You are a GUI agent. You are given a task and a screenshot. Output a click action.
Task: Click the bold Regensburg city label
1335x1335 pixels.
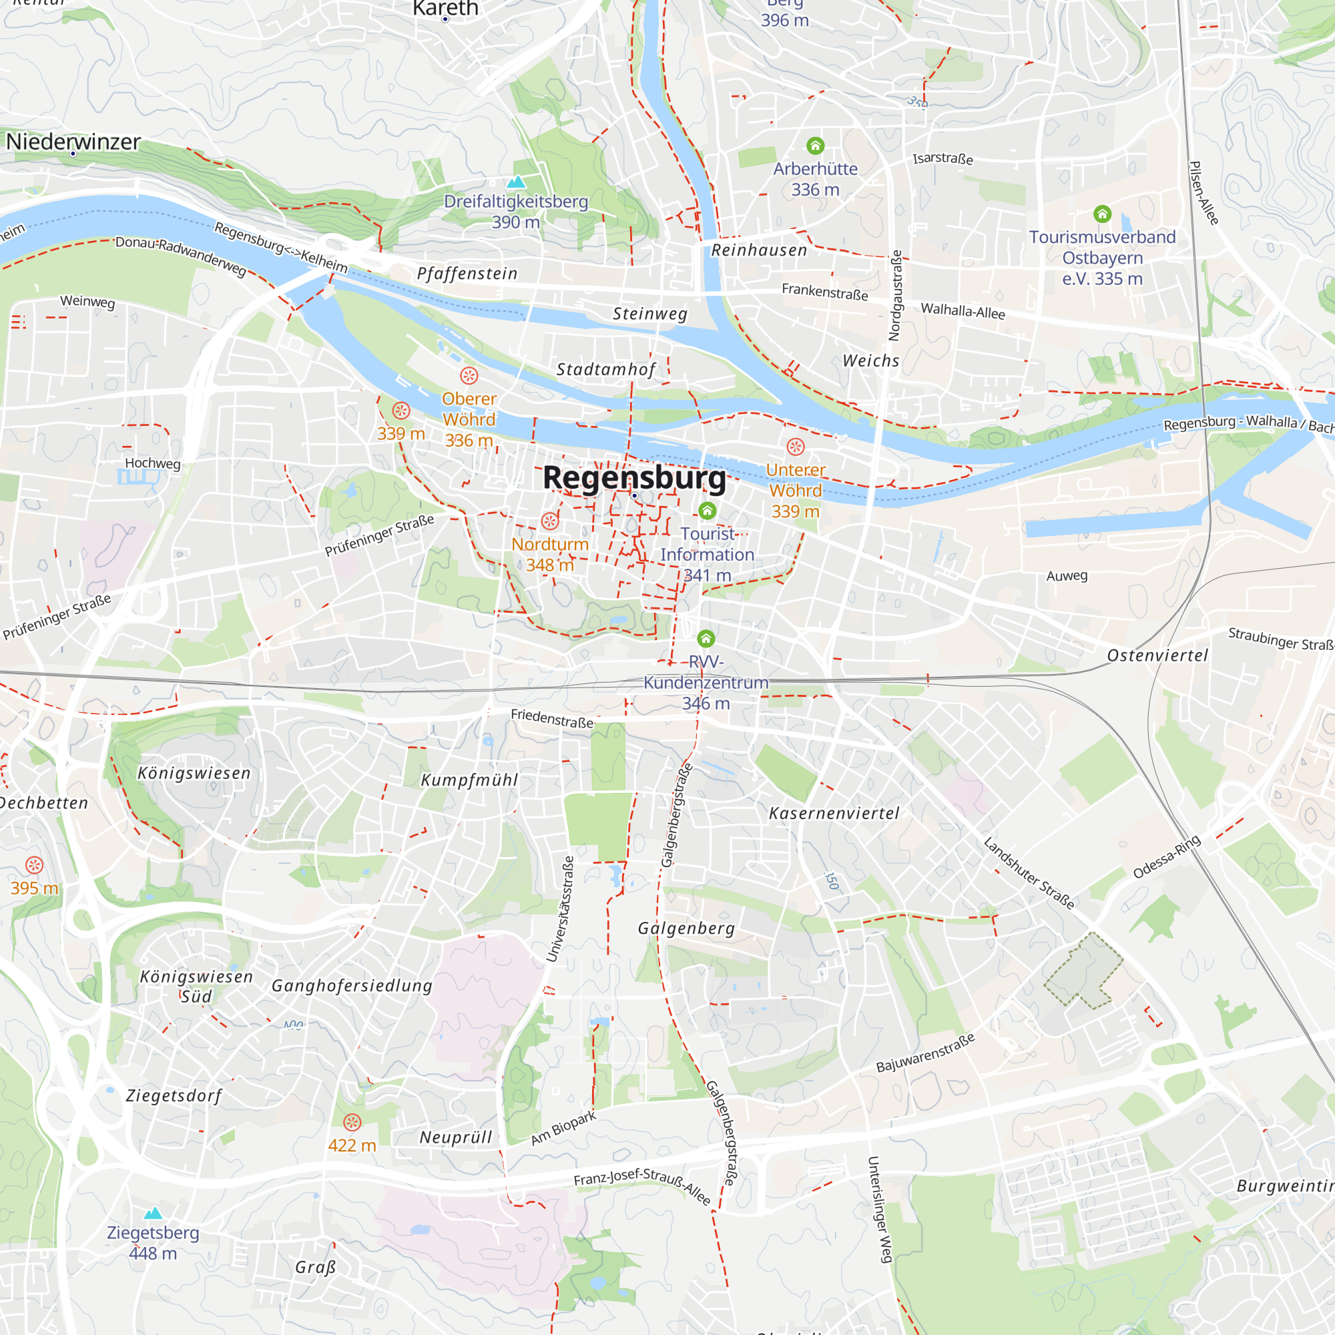[x=633, y=477]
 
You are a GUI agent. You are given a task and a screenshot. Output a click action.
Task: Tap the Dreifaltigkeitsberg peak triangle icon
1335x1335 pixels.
[x=516, y=182]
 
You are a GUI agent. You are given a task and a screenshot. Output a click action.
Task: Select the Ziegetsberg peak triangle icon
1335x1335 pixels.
[x=153, y=1213]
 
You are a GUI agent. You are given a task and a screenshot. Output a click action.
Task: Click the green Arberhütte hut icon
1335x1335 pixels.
[x=816, y=146]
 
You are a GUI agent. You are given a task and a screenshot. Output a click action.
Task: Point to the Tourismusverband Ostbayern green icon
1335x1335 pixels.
[x=1102, y=214]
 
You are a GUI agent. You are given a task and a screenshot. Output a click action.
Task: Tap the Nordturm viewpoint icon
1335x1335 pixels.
[x=550, y=521]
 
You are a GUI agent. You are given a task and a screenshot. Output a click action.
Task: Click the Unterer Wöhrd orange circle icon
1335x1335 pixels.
[x=796, y=447]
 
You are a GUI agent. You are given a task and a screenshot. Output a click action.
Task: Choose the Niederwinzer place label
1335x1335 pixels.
[x=73, y=142]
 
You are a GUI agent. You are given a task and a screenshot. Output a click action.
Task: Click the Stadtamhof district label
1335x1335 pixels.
[x=606, y=370]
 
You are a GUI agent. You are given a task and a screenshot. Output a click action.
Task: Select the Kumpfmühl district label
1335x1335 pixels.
[x=469, y=780]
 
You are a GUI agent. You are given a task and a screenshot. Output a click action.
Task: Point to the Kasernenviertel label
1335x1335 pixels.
[x=834, y=813]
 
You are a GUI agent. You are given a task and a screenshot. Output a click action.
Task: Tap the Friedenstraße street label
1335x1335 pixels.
[x=552, y=719]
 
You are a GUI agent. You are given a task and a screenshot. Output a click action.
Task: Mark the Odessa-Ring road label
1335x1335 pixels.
[x=1166, y=857]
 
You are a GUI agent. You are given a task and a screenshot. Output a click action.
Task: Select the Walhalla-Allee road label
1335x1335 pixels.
[x=963, y=311]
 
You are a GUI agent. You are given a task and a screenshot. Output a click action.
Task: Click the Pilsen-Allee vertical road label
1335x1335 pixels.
[x=1203, y=193]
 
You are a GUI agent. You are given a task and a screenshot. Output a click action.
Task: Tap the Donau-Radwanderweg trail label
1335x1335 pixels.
[x=180, y=255]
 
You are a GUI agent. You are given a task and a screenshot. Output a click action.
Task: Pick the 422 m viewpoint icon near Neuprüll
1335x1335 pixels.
[x=352, y=1122]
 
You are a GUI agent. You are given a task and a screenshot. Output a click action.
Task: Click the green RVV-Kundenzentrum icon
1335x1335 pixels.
[x=706, y=637]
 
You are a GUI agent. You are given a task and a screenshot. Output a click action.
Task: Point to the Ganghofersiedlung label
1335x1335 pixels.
[x=352, y=986]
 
